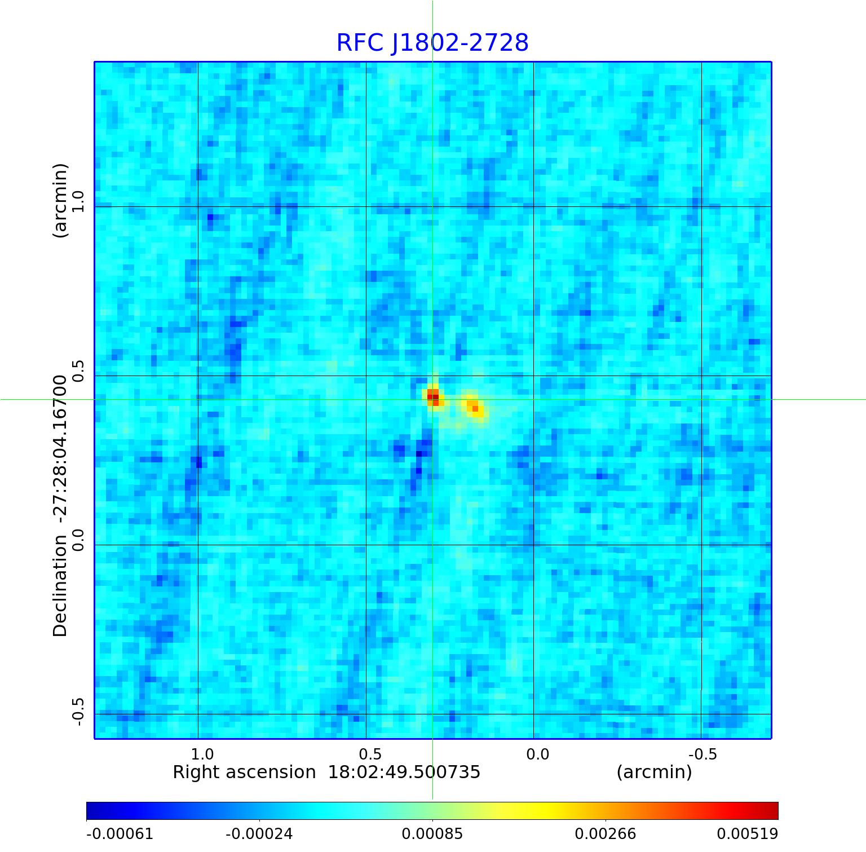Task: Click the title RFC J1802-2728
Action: click(x=432, y=43)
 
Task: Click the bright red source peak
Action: click(x=433, y=396)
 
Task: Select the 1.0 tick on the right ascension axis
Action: click(x=202, y=754)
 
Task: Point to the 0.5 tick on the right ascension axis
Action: click(x=370, y=754)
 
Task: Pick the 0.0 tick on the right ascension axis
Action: click(x=538, y=754)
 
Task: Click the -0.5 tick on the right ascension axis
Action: click(x=703, y=754)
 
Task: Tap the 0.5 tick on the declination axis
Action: click(x=78, y=371)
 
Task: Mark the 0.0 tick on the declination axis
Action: click(x=78, y=540)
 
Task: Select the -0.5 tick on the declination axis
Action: click(x=78, y=712)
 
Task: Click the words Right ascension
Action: click(x=244, y=772)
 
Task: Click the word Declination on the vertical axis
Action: click(x=60, y=586)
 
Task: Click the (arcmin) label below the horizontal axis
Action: click(x=654, y=772)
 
